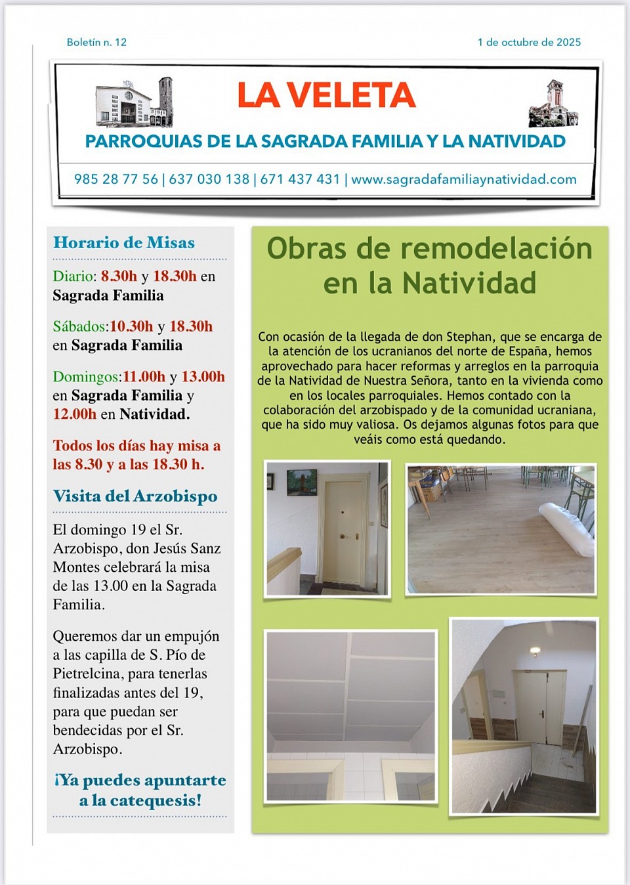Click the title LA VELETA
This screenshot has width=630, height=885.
[x=326, y=95]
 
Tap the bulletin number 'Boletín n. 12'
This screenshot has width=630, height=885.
[x=96, y=42]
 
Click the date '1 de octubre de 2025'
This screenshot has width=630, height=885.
[x=529, y=42]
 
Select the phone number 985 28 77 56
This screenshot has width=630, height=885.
[x=115, y=179]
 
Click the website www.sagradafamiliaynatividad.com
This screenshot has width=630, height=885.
[x=463, y=179]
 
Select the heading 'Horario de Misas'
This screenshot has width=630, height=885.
[x=124, y=243]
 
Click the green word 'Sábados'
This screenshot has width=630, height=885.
[x=79, y=326]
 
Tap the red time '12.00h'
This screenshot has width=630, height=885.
[x=75, y=414]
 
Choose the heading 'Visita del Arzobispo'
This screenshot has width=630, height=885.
[x=135, y=496]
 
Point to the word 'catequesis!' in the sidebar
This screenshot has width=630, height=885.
[x=156, y=800]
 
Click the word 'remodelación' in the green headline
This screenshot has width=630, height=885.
[x=496, y=249]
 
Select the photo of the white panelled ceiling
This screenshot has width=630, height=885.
[x=350, y=716]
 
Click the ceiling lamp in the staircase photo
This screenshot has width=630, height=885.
[x=535, y=651]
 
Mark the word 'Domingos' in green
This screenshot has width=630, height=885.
[x=87, y=377]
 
